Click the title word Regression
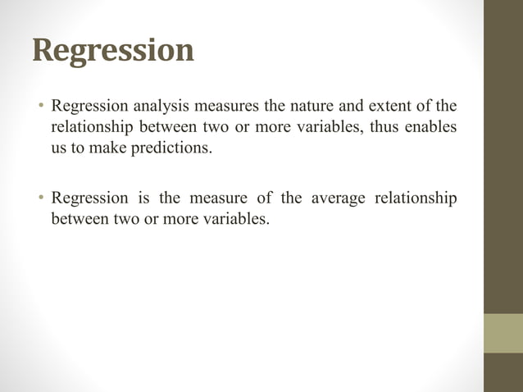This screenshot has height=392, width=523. click(114, 51)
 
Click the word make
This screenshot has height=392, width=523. click(111, 150)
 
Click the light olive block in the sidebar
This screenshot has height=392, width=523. click(503, 333)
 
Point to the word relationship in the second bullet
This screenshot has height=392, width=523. click(416, 198)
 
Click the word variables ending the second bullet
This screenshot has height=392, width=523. click(235, 220)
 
